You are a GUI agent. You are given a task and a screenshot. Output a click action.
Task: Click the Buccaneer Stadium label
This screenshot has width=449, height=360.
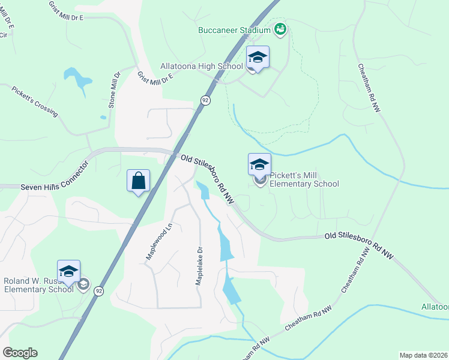click(x=235, y=29)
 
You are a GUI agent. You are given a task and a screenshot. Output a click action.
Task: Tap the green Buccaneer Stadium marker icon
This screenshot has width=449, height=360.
click(x=280, y=28)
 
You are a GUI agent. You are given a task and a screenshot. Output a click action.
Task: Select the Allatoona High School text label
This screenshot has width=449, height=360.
click(x=202, y=66)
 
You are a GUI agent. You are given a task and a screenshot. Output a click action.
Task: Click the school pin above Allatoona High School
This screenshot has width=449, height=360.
click(x=258, y=58)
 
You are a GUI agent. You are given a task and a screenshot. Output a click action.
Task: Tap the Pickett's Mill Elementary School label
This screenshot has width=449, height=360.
click(x=304, y=180)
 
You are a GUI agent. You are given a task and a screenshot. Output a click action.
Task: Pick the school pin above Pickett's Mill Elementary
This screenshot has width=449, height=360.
click(x=259, y=164)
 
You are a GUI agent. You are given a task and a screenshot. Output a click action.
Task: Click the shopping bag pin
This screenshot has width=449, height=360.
click(x=138, y=181)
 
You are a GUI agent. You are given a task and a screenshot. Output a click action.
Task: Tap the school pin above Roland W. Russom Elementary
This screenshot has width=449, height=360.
click(x=69, y=271)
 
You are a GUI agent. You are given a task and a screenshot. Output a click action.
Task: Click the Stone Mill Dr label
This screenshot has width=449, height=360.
click(x=114, y=90)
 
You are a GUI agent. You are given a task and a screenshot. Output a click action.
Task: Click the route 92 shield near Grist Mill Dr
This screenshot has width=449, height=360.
click(x=205, y=101)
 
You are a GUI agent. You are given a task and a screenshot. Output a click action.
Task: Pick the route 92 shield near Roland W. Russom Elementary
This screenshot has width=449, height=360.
click(x=98, y=291)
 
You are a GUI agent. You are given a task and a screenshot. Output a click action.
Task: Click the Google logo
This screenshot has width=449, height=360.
click(x=20, y=353)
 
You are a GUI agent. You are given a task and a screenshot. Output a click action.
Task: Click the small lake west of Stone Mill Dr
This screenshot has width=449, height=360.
click(x=78, y=77)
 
